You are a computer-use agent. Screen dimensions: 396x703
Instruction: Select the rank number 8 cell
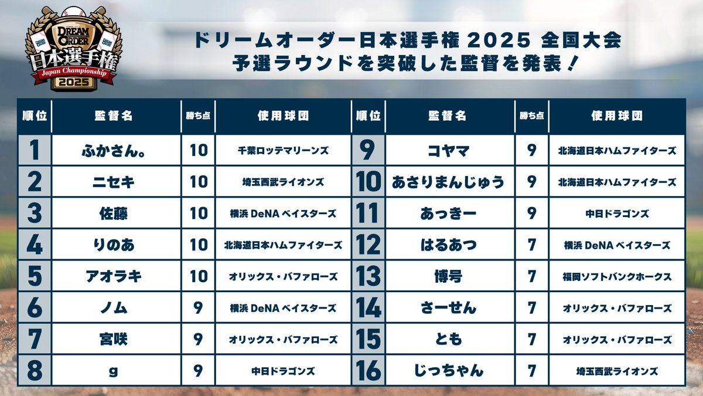[35, 371]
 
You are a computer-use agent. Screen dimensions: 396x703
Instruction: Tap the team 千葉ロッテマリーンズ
[283, 150]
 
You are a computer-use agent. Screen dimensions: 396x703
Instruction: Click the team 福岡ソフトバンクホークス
[617, 276]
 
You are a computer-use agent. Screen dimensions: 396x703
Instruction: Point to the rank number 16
[368, 371]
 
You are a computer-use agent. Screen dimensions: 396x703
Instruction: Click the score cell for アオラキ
[199, 276]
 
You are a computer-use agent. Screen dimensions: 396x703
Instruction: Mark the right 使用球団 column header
[617, 116]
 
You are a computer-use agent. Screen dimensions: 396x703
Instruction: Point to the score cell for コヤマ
[532, 150]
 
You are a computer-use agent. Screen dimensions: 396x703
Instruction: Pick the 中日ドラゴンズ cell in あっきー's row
[617, 214]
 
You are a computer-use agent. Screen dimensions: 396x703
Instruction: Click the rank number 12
[368, 245]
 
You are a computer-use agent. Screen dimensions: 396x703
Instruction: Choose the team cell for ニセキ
[283, 182]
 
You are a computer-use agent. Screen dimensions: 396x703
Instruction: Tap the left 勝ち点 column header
[199, 116]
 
